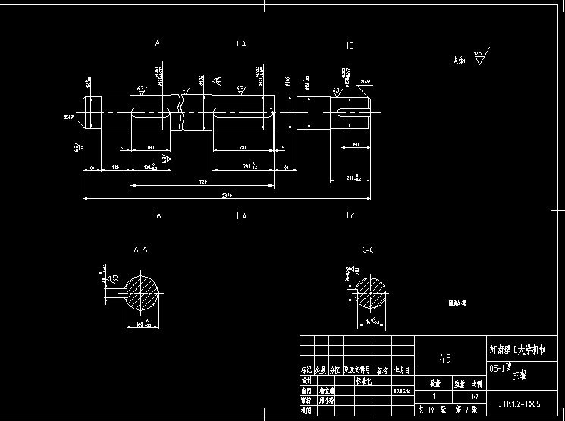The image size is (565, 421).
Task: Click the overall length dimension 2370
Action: (x=227, y=196)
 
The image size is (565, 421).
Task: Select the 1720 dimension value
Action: (x=201, y=182)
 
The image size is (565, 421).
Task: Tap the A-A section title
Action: (x=140, y=249)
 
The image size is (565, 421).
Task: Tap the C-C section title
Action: (x=369, y=249)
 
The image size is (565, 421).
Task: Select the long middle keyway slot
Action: (x=243, y=113)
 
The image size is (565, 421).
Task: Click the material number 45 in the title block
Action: (x=446, y=358)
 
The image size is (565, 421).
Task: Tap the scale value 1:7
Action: (x=475, y=396)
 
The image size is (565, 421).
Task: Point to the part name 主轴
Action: (x=519, y=375)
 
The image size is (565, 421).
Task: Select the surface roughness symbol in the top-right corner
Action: (x=481, y=57)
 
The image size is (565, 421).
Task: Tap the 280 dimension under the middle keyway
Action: (x=243, y=147)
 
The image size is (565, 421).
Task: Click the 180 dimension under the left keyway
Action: (x=149, y=147)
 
